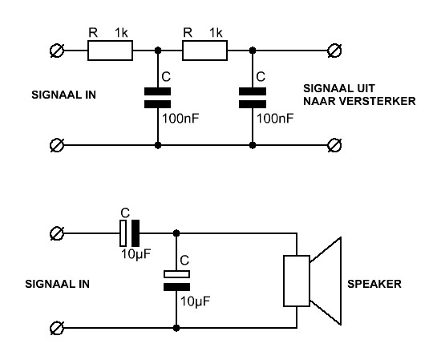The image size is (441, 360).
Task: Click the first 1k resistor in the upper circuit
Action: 111,51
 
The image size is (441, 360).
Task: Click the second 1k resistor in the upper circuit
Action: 204,51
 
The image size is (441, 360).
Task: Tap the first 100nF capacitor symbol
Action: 157,98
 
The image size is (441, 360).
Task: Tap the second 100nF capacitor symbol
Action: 253,98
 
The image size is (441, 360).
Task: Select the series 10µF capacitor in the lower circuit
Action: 129,233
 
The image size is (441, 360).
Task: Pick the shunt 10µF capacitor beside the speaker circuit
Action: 176,281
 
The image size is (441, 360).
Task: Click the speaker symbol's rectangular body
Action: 297,281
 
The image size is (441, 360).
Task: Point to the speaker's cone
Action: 326,281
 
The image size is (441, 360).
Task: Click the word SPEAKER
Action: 374,284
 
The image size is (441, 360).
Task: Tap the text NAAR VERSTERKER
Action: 359,101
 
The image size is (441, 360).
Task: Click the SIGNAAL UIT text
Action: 339,88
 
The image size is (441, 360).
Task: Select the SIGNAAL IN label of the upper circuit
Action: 64,95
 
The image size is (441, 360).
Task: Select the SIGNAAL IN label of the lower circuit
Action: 58,284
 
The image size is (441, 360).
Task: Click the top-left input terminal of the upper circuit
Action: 57,51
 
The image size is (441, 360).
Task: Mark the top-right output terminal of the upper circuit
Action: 334,51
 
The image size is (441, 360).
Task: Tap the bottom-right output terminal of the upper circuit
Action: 334,145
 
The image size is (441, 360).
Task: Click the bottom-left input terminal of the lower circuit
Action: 57,328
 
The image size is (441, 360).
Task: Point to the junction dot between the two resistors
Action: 158,51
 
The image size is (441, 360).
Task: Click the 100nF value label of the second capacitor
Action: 275,119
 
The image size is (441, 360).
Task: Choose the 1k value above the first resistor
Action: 121,33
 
